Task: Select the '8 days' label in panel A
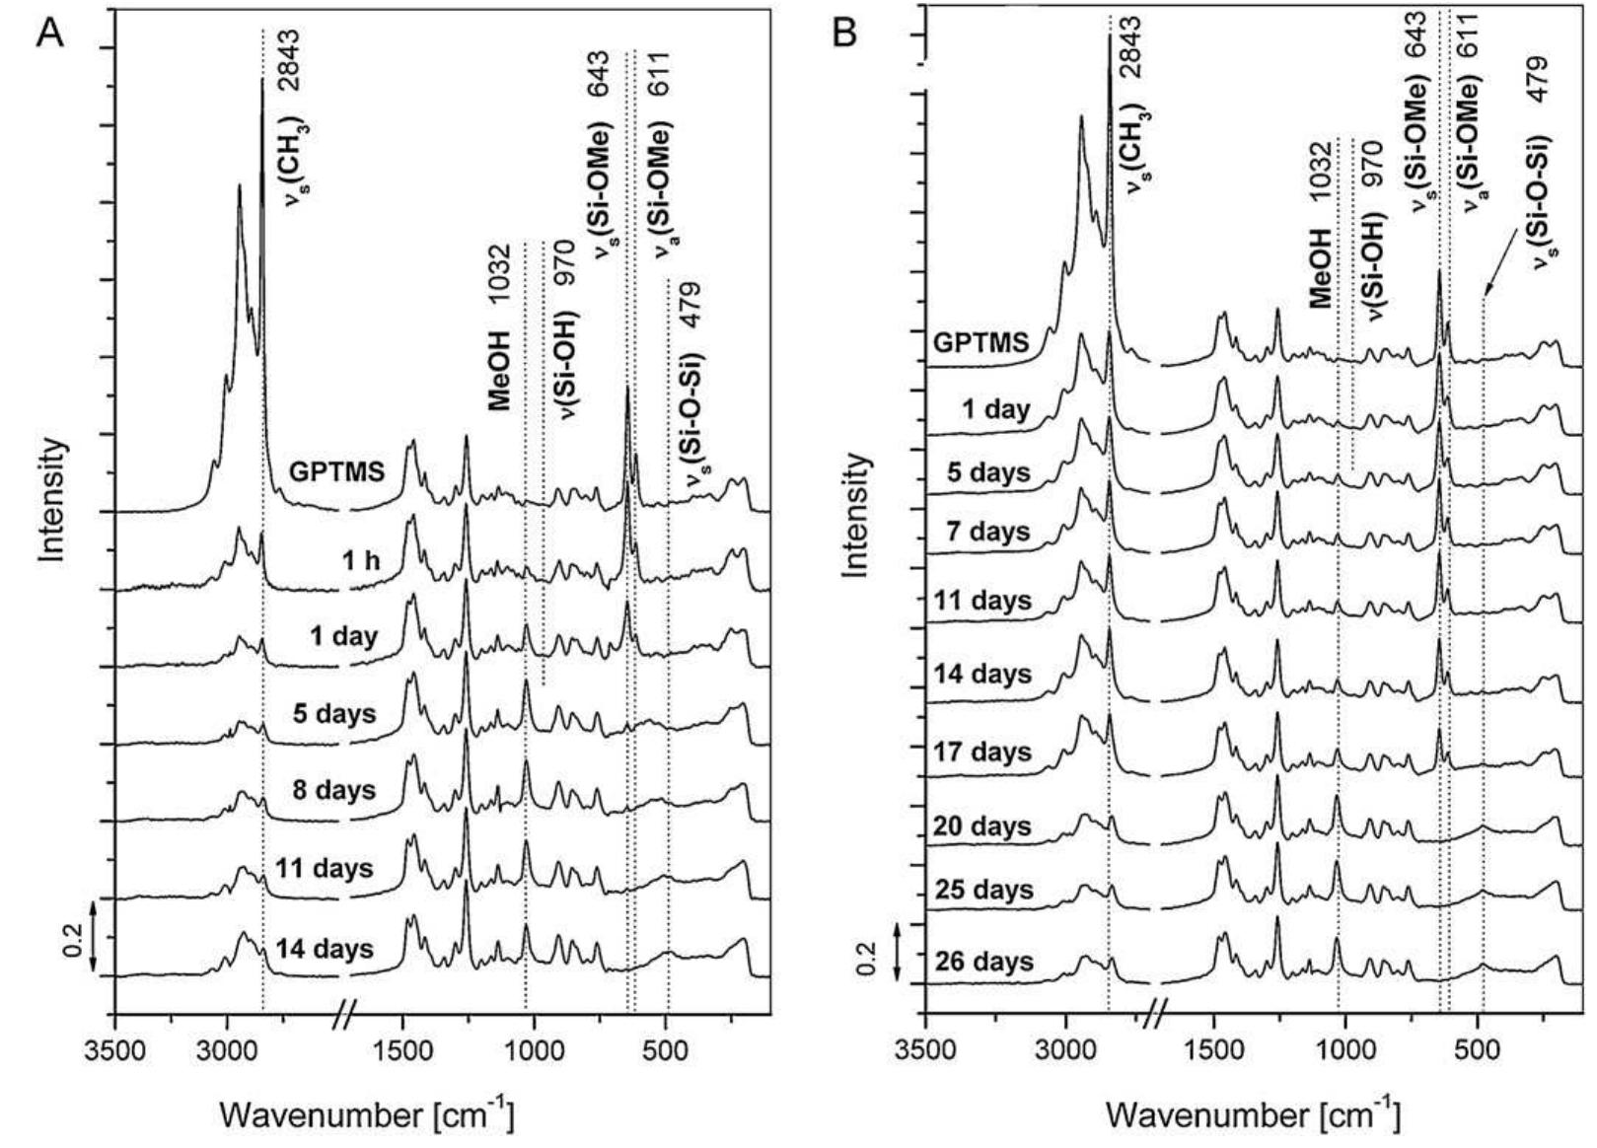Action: (x=333, y=789)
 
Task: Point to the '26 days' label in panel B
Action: (x=983, y=961)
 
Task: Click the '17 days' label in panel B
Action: (x=983, y=752)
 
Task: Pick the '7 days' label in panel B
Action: (x=983, y=532)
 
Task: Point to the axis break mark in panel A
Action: (x=343, y=1013)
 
